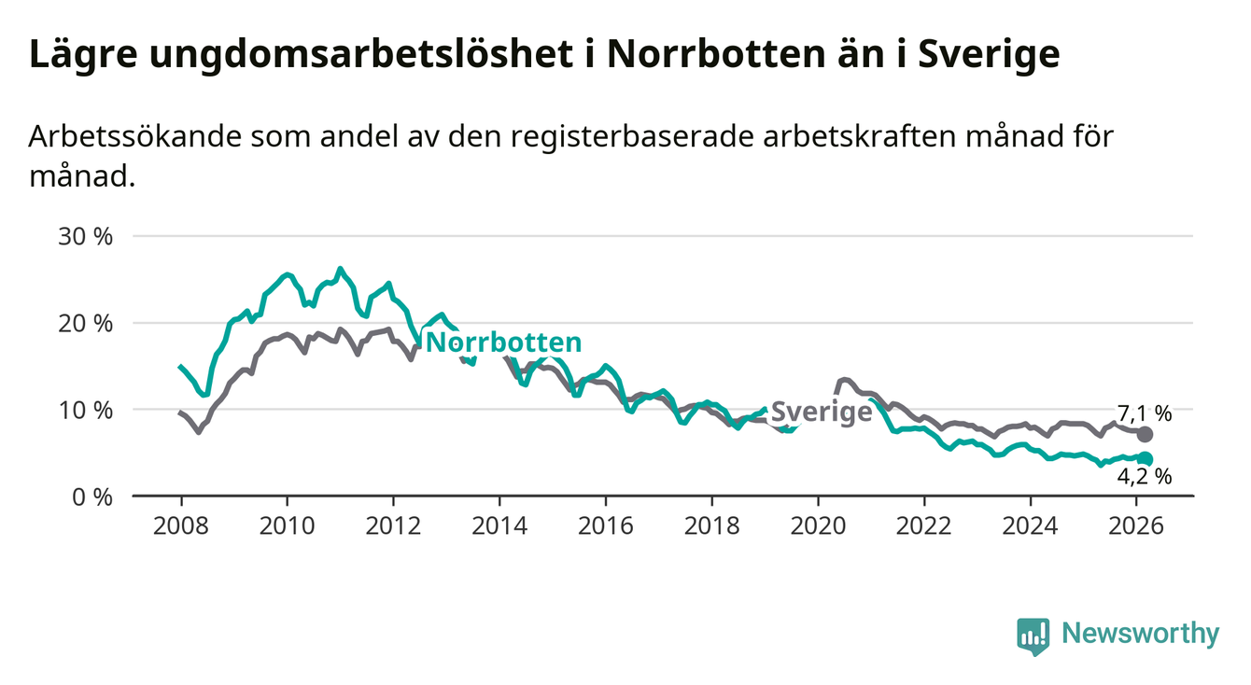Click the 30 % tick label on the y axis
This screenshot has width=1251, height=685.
click(87, 236)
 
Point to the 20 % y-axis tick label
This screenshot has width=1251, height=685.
click(87, 323)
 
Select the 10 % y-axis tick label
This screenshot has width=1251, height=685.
click(87, 410)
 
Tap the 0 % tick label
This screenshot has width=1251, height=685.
click(91, 496)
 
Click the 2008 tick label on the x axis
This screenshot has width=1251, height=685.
click(181, 525)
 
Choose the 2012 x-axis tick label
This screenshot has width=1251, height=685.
click(393, 525)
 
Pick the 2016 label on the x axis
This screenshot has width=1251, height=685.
click(605, 525)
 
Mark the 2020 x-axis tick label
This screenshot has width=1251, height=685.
click(818, 525)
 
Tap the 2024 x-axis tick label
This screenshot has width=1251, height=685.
click(1030, 525)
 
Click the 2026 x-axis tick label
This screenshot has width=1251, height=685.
click(1135, 525)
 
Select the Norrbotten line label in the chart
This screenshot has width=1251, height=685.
click(503, 342)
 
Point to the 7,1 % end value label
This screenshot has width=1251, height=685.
click(1144, 412)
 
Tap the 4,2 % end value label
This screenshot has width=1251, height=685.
click(1144, 477)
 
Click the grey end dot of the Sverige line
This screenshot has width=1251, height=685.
click(1146, 435)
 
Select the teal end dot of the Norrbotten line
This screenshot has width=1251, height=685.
click(1146, 458)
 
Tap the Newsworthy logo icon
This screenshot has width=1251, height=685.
click(1033, 636)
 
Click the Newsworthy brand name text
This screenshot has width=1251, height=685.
click(1141, 635)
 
